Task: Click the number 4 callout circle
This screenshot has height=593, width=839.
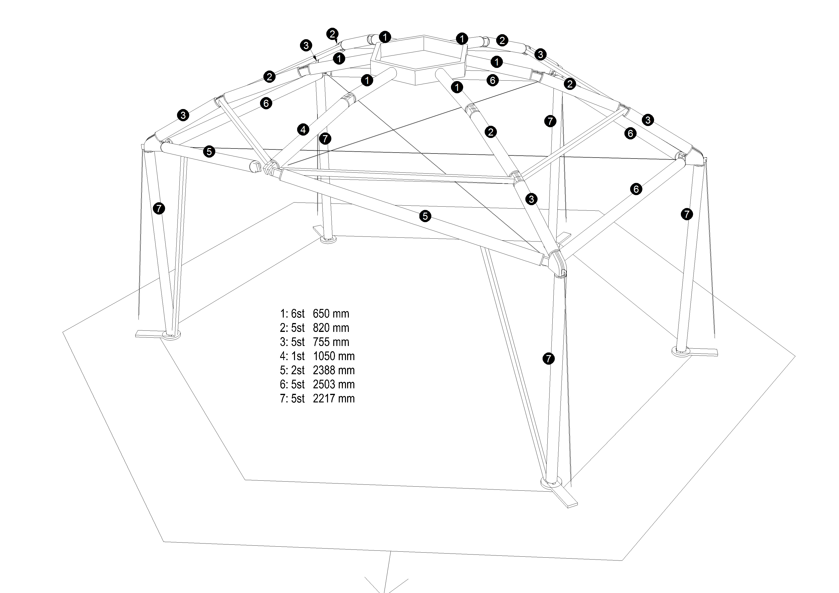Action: [303, 129]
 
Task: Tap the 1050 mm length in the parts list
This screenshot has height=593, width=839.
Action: [334, 356]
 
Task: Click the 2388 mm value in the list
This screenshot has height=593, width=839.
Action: [334, 370]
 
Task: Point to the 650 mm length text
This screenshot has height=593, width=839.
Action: [331, 314]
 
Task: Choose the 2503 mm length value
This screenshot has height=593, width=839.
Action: [334, 384]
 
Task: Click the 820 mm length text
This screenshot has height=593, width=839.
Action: [331, 328]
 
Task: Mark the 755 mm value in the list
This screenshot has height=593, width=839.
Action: [331, 342]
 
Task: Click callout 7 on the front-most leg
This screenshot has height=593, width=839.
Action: [549, 359]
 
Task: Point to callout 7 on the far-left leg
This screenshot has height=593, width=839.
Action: [159, 209]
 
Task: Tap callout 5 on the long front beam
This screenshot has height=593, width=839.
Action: [425, 216]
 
